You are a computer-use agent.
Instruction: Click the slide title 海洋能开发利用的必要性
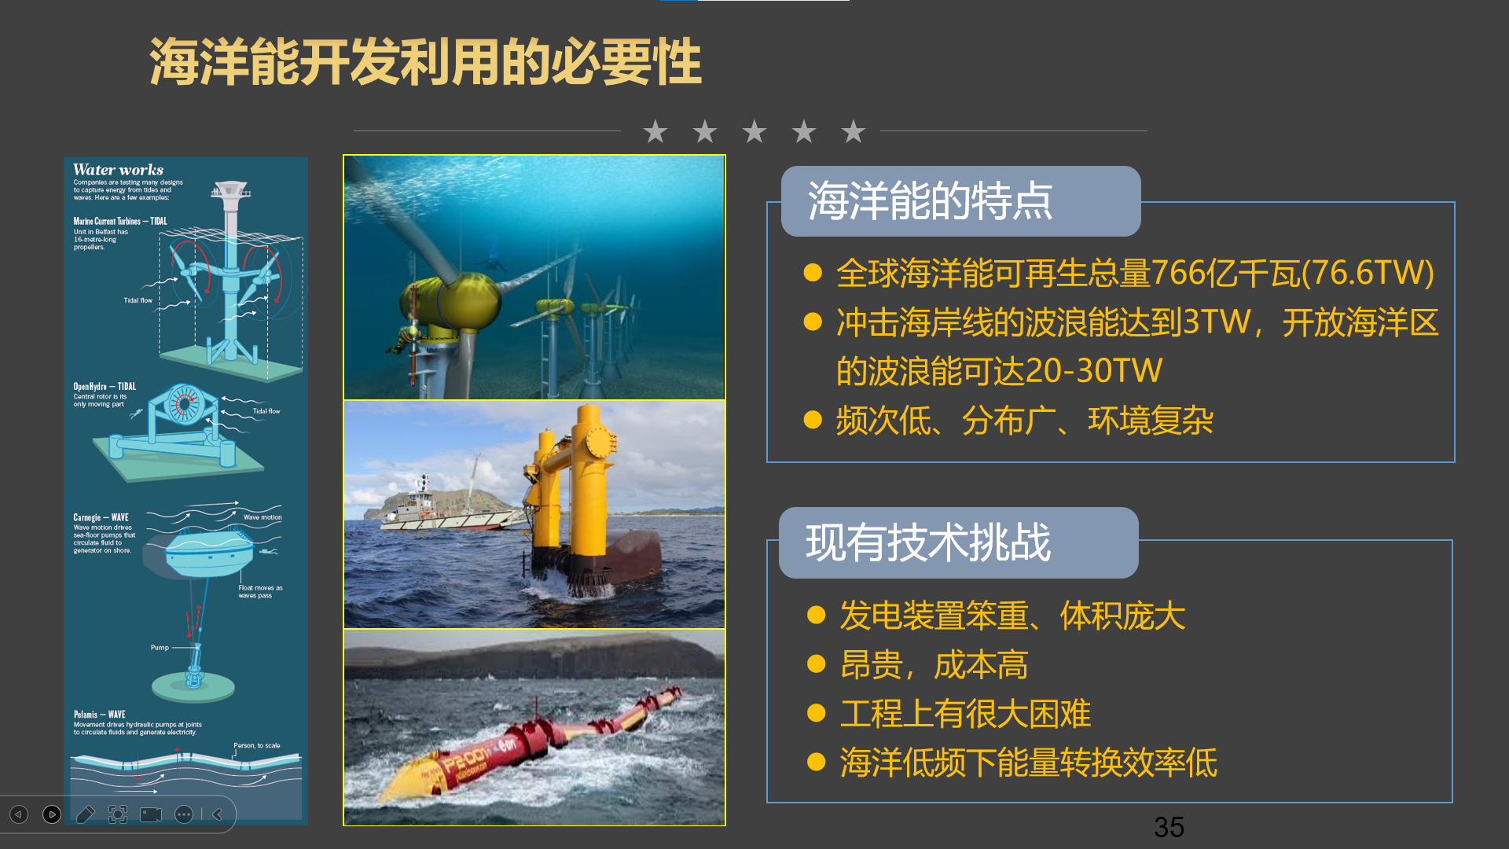424,62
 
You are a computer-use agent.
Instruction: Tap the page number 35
1169,827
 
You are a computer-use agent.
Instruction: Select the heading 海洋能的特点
930,201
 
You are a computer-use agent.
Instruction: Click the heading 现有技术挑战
927,542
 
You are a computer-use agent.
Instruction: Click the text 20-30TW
1094,370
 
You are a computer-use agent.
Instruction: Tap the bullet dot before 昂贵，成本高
817,665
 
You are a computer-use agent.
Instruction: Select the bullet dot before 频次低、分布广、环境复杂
813,420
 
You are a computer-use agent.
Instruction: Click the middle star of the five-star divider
754,131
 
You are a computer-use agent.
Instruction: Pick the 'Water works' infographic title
118,170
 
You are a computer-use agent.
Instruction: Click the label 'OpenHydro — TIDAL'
105,386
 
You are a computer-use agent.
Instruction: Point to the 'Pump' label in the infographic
160,648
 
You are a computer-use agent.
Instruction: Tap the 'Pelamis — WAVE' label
100,715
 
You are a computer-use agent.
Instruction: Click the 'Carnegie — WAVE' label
101,517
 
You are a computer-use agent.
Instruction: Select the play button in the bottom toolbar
52,814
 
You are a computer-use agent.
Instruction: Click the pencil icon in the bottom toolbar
85,814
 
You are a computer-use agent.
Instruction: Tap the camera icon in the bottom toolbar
151,814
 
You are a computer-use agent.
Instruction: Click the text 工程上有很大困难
965,714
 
